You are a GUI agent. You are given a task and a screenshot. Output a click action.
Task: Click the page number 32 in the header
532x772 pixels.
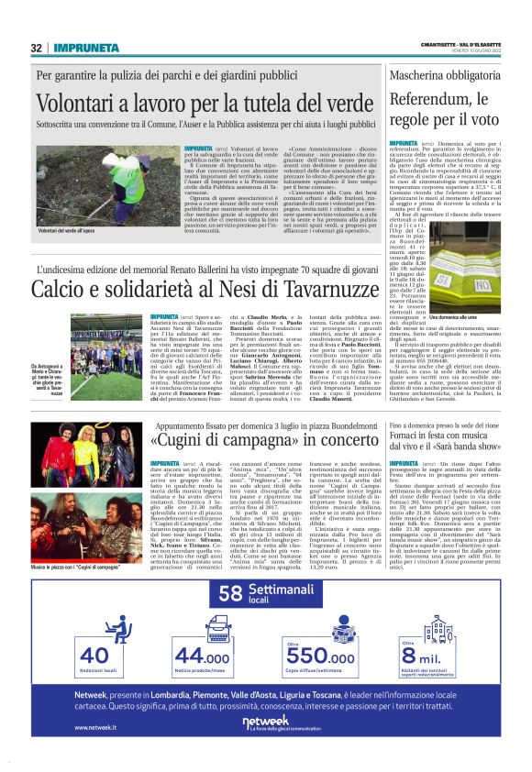pos(38,48)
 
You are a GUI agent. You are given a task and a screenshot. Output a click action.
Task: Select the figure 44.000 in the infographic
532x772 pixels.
pos(203,655)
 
